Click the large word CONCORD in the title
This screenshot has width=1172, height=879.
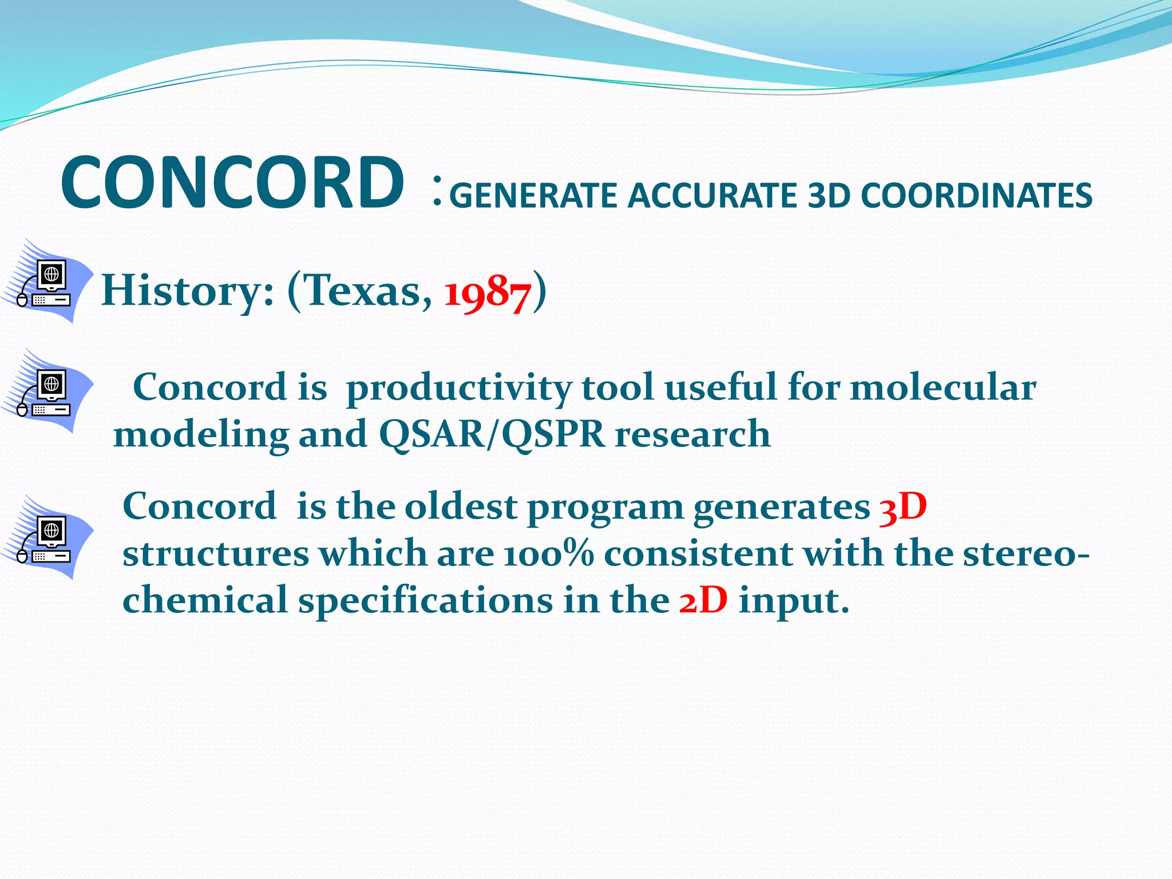click(x=232, y=183)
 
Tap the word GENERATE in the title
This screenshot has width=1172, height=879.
click(x=533, y=196)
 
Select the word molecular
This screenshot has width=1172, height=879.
click(x=943, y=387)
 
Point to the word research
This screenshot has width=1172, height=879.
click(x=692, y=434)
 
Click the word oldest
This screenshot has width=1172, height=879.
click(x=461, y=506)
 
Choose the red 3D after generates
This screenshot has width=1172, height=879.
click(x=902, y=508)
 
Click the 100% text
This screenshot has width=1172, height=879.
click(x=549, y=554)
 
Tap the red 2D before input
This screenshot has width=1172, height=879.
click(x=703, y=601)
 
